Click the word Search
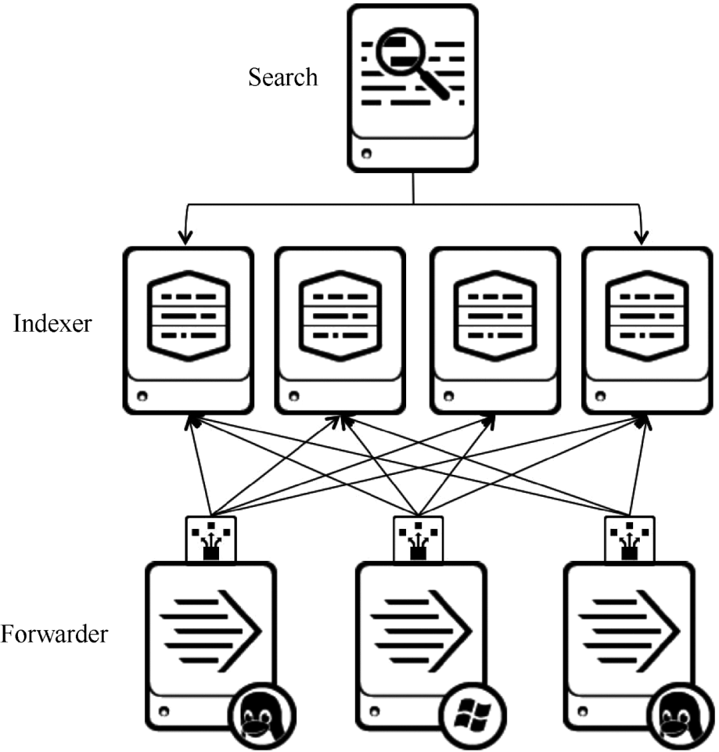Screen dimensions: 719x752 [283, 77]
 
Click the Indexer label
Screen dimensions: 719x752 [52, 323]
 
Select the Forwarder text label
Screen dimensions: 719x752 [54, 634]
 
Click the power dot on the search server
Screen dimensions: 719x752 [366, 154]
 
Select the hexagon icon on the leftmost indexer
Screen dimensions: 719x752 [188, 316]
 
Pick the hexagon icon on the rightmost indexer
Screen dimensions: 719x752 [647, 316]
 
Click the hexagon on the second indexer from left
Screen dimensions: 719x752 [340, 316]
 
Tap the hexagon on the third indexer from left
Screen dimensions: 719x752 [495, 316]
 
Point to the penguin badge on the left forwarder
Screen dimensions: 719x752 [262, 715]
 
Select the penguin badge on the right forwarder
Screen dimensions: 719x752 [680, 715]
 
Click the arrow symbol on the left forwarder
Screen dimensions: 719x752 [211, 630]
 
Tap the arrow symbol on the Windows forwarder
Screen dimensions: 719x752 [421, 630]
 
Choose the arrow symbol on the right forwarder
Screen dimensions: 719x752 [629, 630]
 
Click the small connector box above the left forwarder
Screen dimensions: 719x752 [211, 539]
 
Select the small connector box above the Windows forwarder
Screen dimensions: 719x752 [419, 539]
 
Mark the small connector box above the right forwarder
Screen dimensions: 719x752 [629, 539]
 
